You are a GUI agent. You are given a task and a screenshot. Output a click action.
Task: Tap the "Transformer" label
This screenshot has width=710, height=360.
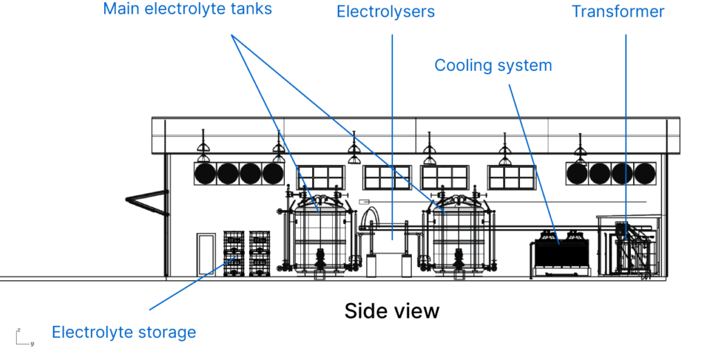(x=618, y=12)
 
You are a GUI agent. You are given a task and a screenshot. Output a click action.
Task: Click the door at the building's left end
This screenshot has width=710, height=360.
(x=206, y=255)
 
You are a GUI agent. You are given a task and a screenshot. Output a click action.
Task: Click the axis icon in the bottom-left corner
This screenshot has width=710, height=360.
(x=24, y=338)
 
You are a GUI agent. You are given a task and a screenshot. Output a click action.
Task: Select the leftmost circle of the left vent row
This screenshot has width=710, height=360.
(x=205, y=173)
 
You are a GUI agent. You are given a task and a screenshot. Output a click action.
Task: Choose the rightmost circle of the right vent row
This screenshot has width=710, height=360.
(x=644, y=173)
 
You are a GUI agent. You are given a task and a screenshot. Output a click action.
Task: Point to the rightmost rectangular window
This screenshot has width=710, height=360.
(x=512, y=177)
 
